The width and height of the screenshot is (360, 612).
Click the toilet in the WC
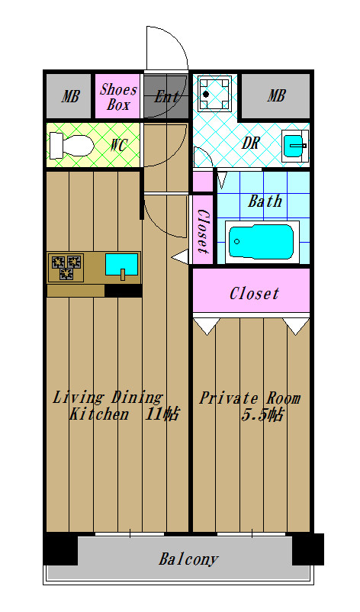72,146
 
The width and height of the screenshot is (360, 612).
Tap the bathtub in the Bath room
262,242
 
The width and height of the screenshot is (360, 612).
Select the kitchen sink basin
122,265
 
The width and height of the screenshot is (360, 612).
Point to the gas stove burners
66,266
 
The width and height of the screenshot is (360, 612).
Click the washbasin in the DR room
295,146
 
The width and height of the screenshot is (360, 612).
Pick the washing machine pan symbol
214,94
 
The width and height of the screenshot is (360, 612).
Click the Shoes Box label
118,97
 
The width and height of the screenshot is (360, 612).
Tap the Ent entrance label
166,96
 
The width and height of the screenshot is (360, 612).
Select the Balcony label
188,559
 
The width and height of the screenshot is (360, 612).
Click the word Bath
265,201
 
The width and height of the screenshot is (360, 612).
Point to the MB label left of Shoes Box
70,96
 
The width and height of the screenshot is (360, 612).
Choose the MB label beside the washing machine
276,95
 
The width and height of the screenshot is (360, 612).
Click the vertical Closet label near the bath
203,231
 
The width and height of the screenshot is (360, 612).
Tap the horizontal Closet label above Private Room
254,294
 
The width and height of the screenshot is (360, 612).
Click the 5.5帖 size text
262,415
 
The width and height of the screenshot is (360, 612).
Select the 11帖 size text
162,414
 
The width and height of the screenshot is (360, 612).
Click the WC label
117,145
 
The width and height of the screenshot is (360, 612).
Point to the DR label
250,143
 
